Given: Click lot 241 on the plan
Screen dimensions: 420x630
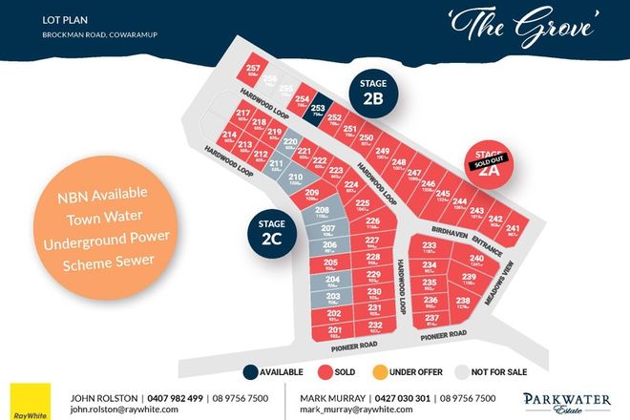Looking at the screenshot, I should (x=514, y=231).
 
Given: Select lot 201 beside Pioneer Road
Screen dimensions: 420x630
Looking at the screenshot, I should (x=335, y=331).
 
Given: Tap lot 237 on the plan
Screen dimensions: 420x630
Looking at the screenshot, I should (x=431, y=319).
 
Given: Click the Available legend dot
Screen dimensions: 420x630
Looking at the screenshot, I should (x=249, y=371).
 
